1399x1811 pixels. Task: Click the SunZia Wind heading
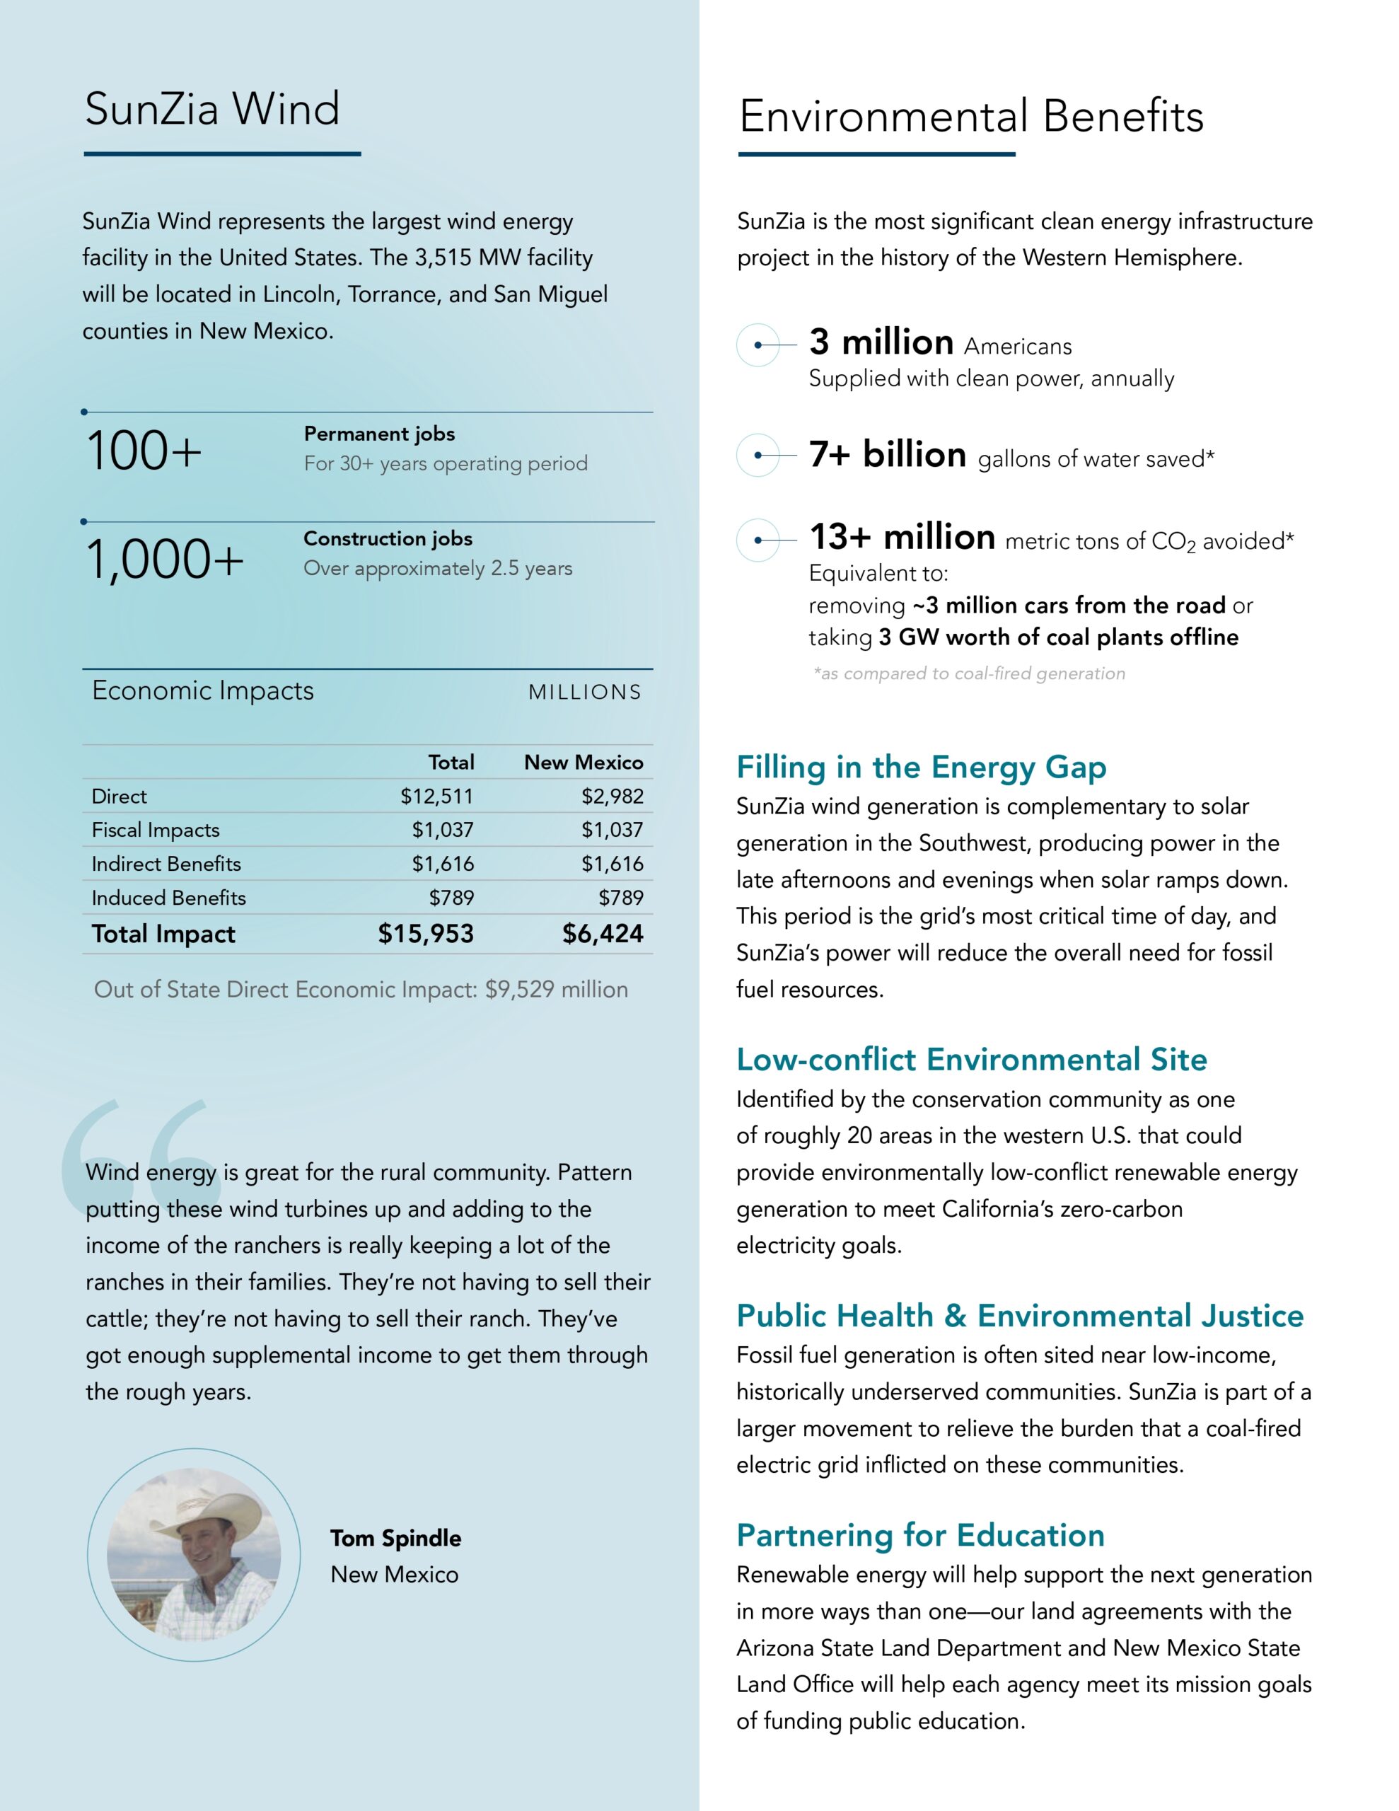tap(212, 110)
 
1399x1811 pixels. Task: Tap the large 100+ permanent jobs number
tap(144, 452)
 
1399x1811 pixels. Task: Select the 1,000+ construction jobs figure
tap(165, 560)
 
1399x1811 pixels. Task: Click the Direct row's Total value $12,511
tap(436, 796)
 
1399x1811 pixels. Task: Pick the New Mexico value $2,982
tap(612, 796)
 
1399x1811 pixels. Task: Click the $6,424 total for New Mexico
tap(603, 934)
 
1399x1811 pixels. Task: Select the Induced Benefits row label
tap(168, 897)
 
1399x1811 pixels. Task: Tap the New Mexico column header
tap(583, 762)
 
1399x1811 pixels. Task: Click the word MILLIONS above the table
tap(585, 693)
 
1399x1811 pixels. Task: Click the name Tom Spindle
tap(395, 1538)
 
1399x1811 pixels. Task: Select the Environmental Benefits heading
tap(971, 116)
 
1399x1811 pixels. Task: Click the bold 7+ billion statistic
tap(888, 456)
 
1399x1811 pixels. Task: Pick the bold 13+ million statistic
tap(902, 538)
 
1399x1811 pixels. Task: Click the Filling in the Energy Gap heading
tap(920, 767)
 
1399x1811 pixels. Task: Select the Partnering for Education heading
tap(920, 1535)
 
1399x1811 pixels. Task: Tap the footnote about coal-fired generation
tap(968, 673)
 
